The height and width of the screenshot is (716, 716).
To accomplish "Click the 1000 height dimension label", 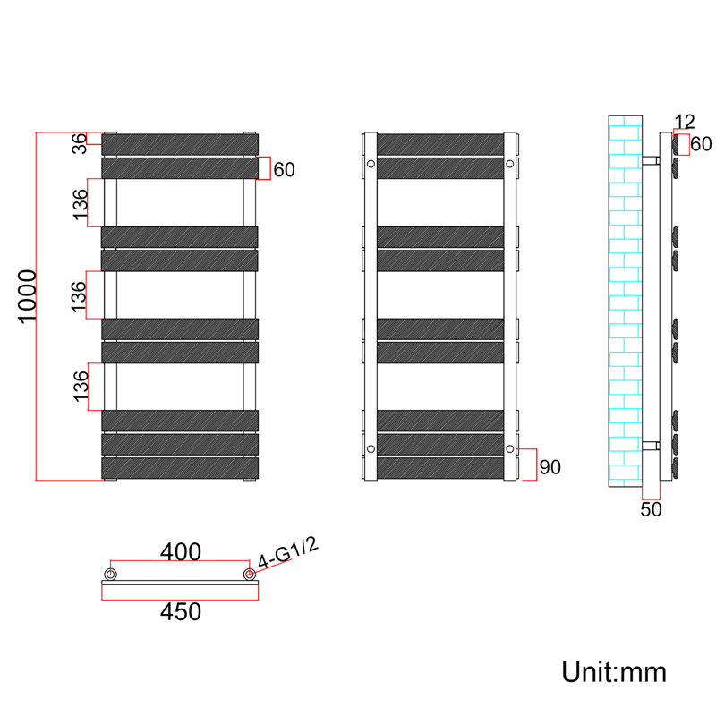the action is point(27,296).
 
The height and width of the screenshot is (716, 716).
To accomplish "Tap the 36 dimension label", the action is point(80,143).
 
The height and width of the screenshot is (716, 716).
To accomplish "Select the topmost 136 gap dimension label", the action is point(80,204).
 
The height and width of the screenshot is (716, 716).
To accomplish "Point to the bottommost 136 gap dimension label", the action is point(81,387).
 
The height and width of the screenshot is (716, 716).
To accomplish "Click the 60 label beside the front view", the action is point(284,170).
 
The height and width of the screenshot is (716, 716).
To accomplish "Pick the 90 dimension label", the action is point(550,467).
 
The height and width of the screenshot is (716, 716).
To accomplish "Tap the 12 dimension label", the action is point(684,122).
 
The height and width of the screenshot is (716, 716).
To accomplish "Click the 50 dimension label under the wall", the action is point(651,509).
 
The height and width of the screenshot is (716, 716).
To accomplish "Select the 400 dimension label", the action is point(181,551).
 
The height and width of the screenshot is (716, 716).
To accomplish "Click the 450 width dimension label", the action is point(181,612).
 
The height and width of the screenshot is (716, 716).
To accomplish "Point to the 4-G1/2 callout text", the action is point(288,553).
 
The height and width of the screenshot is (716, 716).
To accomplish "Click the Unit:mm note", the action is point(614,672).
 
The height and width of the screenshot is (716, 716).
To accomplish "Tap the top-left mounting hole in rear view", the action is point(371,164).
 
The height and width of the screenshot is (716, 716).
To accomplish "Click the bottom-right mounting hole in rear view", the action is point(510,449).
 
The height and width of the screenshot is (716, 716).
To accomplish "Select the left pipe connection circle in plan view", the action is point(110,574).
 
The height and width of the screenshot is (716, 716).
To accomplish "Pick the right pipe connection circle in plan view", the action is point(250,574).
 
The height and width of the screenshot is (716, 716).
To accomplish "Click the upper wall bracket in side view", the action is point(652,160).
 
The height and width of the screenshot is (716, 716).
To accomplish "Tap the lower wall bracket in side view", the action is point(652,446).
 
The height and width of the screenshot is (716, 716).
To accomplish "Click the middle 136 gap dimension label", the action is point(79,296).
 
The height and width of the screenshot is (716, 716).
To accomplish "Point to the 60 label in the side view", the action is point(701,144).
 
